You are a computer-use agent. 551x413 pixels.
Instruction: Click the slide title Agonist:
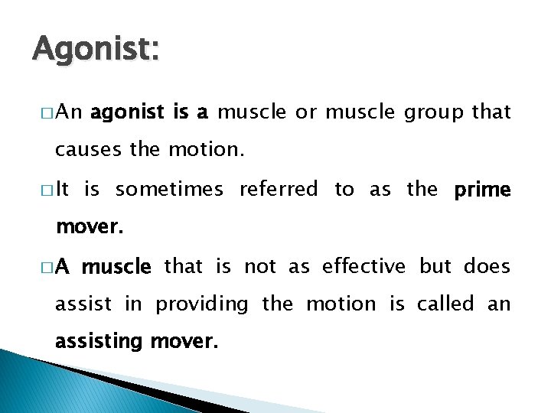(x=96, y=50)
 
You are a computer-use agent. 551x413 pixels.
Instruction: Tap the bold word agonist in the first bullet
(x=127, y=112)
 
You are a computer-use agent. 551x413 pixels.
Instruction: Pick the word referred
(x=279, y=189)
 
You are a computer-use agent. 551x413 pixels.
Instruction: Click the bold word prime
(x=481, y=190)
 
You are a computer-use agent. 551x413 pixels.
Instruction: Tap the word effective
(x=364, y=266)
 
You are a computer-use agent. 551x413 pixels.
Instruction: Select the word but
(x=435, y=266)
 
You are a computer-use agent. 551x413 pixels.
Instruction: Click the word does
(x=487, y=266)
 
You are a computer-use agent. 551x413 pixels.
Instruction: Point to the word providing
(x=202, y=304)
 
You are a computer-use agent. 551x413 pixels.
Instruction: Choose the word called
(x=446, y=304)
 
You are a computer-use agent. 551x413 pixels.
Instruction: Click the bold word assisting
(x=99, y=342)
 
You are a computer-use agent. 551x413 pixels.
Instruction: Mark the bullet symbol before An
(x=47, y=113)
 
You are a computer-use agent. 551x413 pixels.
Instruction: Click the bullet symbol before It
(x=47, y=190)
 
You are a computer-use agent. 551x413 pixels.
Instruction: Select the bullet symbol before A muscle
(x=47, y=267)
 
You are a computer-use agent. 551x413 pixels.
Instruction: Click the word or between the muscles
(x=306, y=113)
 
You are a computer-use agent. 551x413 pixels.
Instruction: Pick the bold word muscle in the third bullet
(x=117, y=267)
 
